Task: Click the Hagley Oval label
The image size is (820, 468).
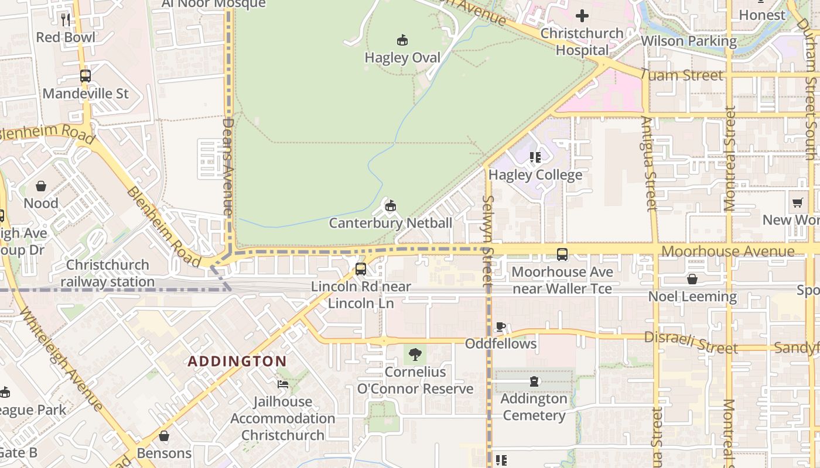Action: point(402,58)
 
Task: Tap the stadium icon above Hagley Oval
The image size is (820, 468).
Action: point(402,40)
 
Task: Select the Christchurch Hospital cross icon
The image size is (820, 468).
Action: point(582,16)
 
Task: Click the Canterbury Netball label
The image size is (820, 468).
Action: point(391,223)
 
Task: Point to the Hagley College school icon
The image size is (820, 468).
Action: point(535,157)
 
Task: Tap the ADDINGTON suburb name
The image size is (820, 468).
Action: point(237,361)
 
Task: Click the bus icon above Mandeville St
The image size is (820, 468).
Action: point(86,76)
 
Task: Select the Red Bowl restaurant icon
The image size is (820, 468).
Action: point(66,20)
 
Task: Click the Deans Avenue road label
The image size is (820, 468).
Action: point(229,167)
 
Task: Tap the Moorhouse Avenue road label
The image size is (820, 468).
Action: point(728,252)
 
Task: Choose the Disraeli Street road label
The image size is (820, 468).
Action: point(691,342)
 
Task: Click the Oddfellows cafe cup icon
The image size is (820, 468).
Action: point(501,326)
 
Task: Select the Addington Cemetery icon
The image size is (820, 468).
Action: point(534,382)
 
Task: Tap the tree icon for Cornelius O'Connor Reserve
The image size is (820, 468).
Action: point(415,355)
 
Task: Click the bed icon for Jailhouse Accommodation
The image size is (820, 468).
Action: point(283,384)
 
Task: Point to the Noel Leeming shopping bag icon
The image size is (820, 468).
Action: point(692,279)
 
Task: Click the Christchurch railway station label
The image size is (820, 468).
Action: point(108,273)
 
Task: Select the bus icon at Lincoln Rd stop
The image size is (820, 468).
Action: point(361,269)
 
